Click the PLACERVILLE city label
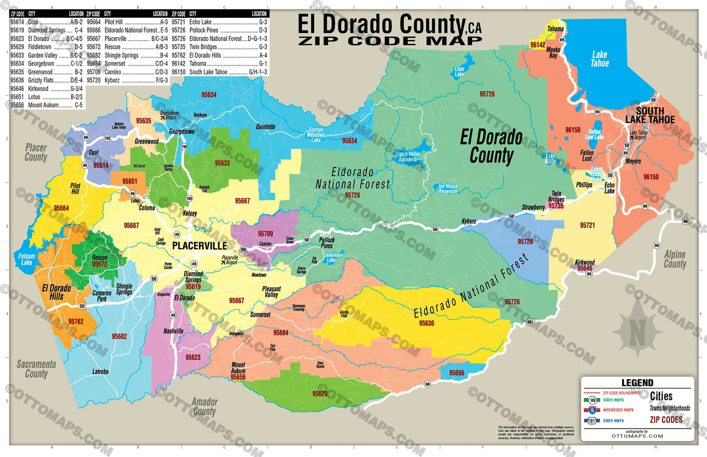click(199, 246)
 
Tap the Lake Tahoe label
click(600, 59)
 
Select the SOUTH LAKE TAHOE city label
click(650, 115)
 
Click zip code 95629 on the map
click(319, 393)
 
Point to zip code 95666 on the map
click(456, 373)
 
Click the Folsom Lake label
click(27, 259)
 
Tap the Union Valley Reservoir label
click(408, 157)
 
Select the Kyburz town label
click(469, 221)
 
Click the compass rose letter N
click(637, 332)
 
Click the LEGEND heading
click(637, 383)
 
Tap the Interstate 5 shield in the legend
click(592, 410)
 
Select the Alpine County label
click(675, 259)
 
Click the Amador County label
click(204, 406)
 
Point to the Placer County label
click(36, 152)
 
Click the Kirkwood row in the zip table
click(46, 88)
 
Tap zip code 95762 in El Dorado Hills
click(76, 321)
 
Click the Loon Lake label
click(459, 72)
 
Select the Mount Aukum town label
click(238, 368)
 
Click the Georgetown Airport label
click(170, 116)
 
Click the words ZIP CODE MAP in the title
click(390, 41)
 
